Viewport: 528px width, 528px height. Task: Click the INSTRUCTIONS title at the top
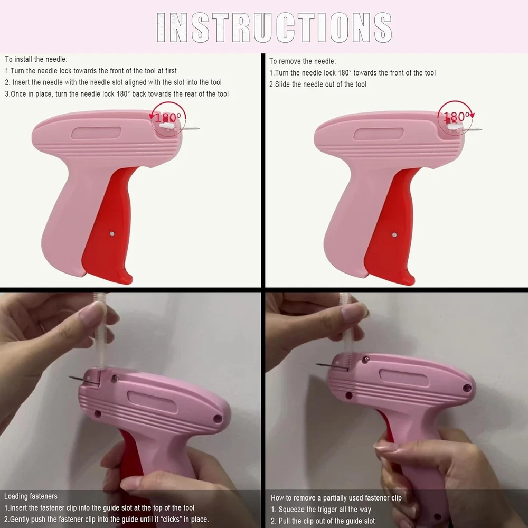coord(274,27)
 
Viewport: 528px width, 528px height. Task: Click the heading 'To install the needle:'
coord(36,59)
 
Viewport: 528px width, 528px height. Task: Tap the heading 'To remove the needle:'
coord(303,61)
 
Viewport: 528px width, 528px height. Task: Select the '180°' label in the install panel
coord(168,118)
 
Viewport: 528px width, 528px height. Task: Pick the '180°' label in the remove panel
coord(456,117)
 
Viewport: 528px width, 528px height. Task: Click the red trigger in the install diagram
coord(109,225)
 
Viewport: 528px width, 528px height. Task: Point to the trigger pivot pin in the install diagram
coord(112,234)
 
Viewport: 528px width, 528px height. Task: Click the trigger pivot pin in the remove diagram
coord(394,235)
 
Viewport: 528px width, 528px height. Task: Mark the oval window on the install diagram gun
coord(96,133)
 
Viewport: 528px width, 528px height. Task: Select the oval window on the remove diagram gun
coord(379,134)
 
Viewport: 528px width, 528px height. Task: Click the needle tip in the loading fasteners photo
coord(70,377)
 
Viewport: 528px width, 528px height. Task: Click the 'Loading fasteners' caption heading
coord(31,496)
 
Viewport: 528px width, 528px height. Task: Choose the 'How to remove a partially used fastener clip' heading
coord(336,498)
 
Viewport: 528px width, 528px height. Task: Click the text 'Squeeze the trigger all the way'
coord(325,510)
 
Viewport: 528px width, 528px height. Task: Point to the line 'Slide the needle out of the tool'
coord(320,84)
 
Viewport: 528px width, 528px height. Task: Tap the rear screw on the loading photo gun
coord(218,419)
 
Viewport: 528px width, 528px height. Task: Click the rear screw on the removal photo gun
coord(467,389)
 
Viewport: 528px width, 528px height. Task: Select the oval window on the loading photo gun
coord(152,402)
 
